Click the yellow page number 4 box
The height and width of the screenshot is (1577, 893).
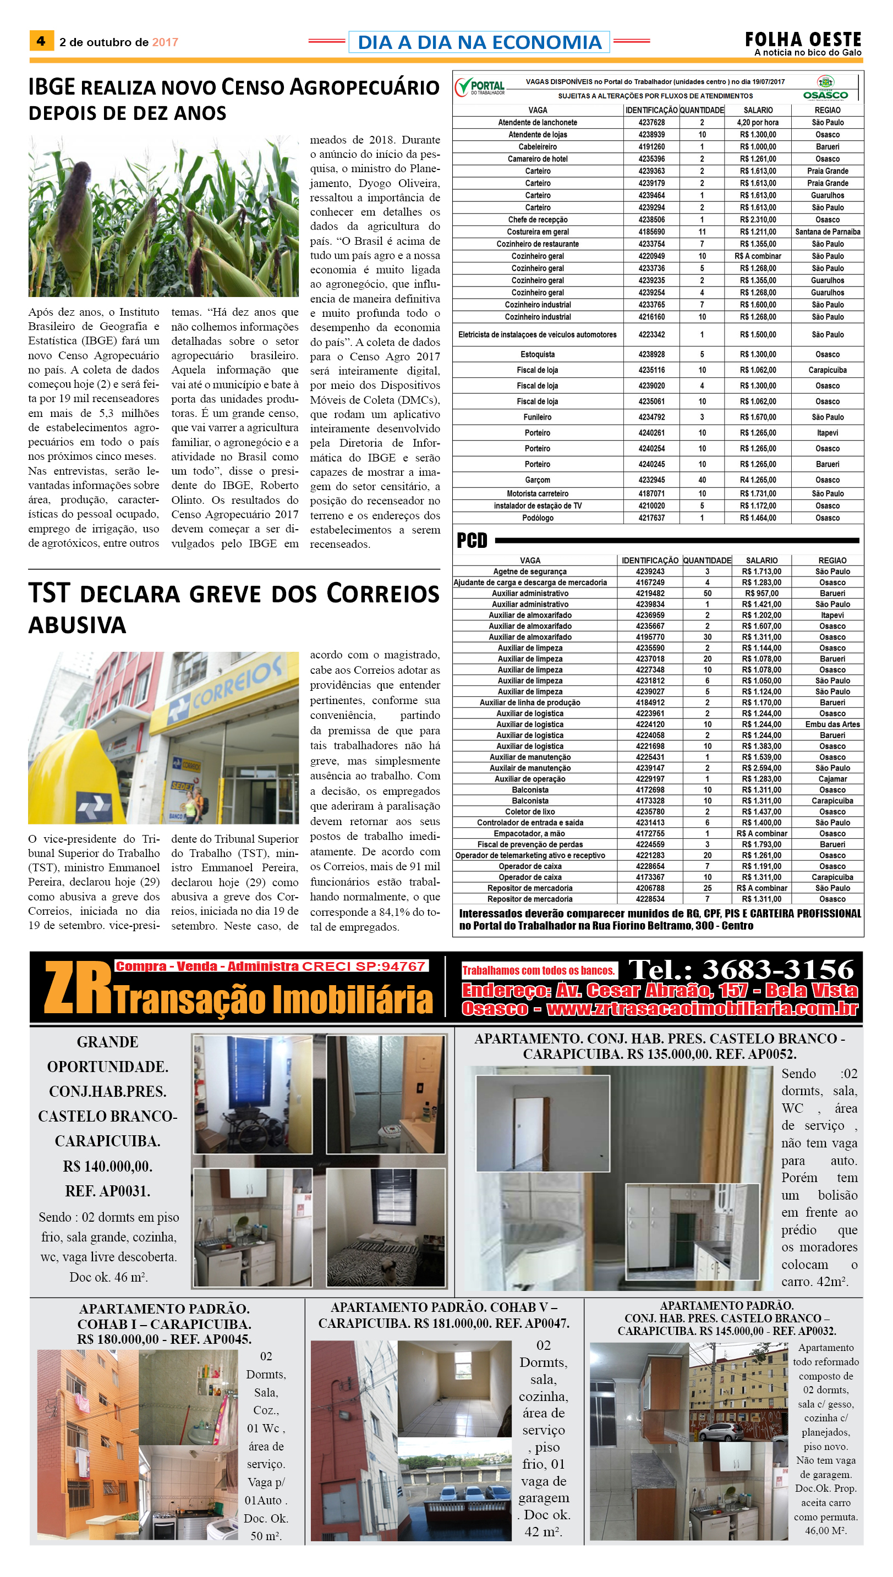(41, 41)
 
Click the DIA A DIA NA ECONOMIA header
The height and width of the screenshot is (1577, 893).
(479, 42)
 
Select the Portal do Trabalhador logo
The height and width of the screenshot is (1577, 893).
(480, 87)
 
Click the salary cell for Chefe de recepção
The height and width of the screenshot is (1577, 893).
(758, 219)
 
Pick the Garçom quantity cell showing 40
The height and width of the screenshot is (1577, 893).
(702, 480)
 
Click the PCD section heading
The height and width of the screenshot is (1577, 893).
(472, 540)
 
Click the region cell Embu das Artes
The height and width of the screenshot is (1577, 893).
(832, 724)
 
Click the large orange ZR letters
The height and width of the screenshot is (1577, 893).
(77, 987)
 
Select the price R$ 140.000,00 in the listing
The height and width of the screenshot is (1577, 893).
(107, 1166)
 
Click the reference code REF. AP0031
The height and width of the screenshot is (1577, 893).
(107, 1191)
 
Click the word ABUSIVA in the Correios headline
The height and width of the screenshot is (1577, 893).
(77, 625)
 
